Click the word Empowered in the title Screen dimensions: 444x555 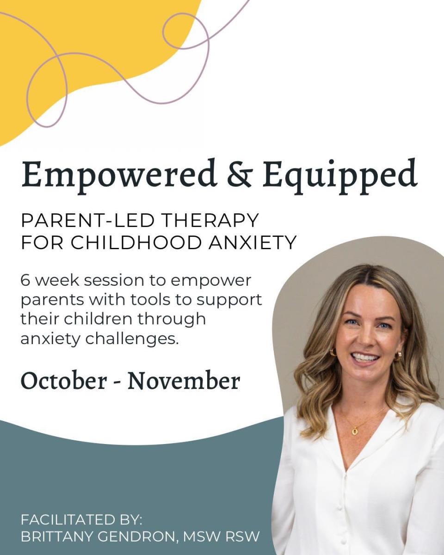118,175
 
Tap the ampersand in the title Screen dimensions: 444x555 239,173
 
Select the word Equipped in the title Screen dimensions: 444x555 339,176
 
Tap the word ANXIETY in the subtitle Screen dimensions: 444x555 252,242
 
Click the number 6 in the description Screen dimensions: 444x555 25,280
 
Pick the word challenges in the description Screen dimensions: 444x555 132,339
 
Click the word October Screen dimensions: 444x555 63,382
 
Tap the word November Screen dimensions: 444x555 184,382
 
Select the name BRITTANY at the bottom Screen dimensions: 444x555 56,535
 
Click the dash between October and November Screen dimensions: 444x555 117,382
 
